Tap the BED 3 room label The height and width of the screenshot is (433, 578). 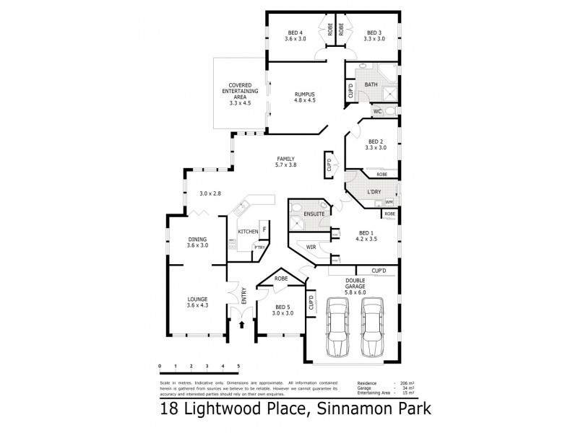click(373, 32)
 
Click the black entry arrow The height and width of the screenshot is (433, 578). click(243, 325)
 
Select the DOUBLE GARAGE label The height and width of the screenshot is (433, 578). click(354, 282)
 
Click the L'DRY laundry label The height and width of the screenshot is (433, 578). click(374, 191)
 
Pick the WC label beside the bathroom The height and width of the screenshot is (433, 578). click(377, 111)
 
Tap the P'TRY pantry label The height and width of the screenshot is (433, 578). click(259, 248)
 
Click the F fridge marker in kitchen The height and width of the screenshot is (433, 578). click(265, 229)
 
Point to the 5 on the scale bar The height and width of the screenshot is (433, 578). click(238, 367)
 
